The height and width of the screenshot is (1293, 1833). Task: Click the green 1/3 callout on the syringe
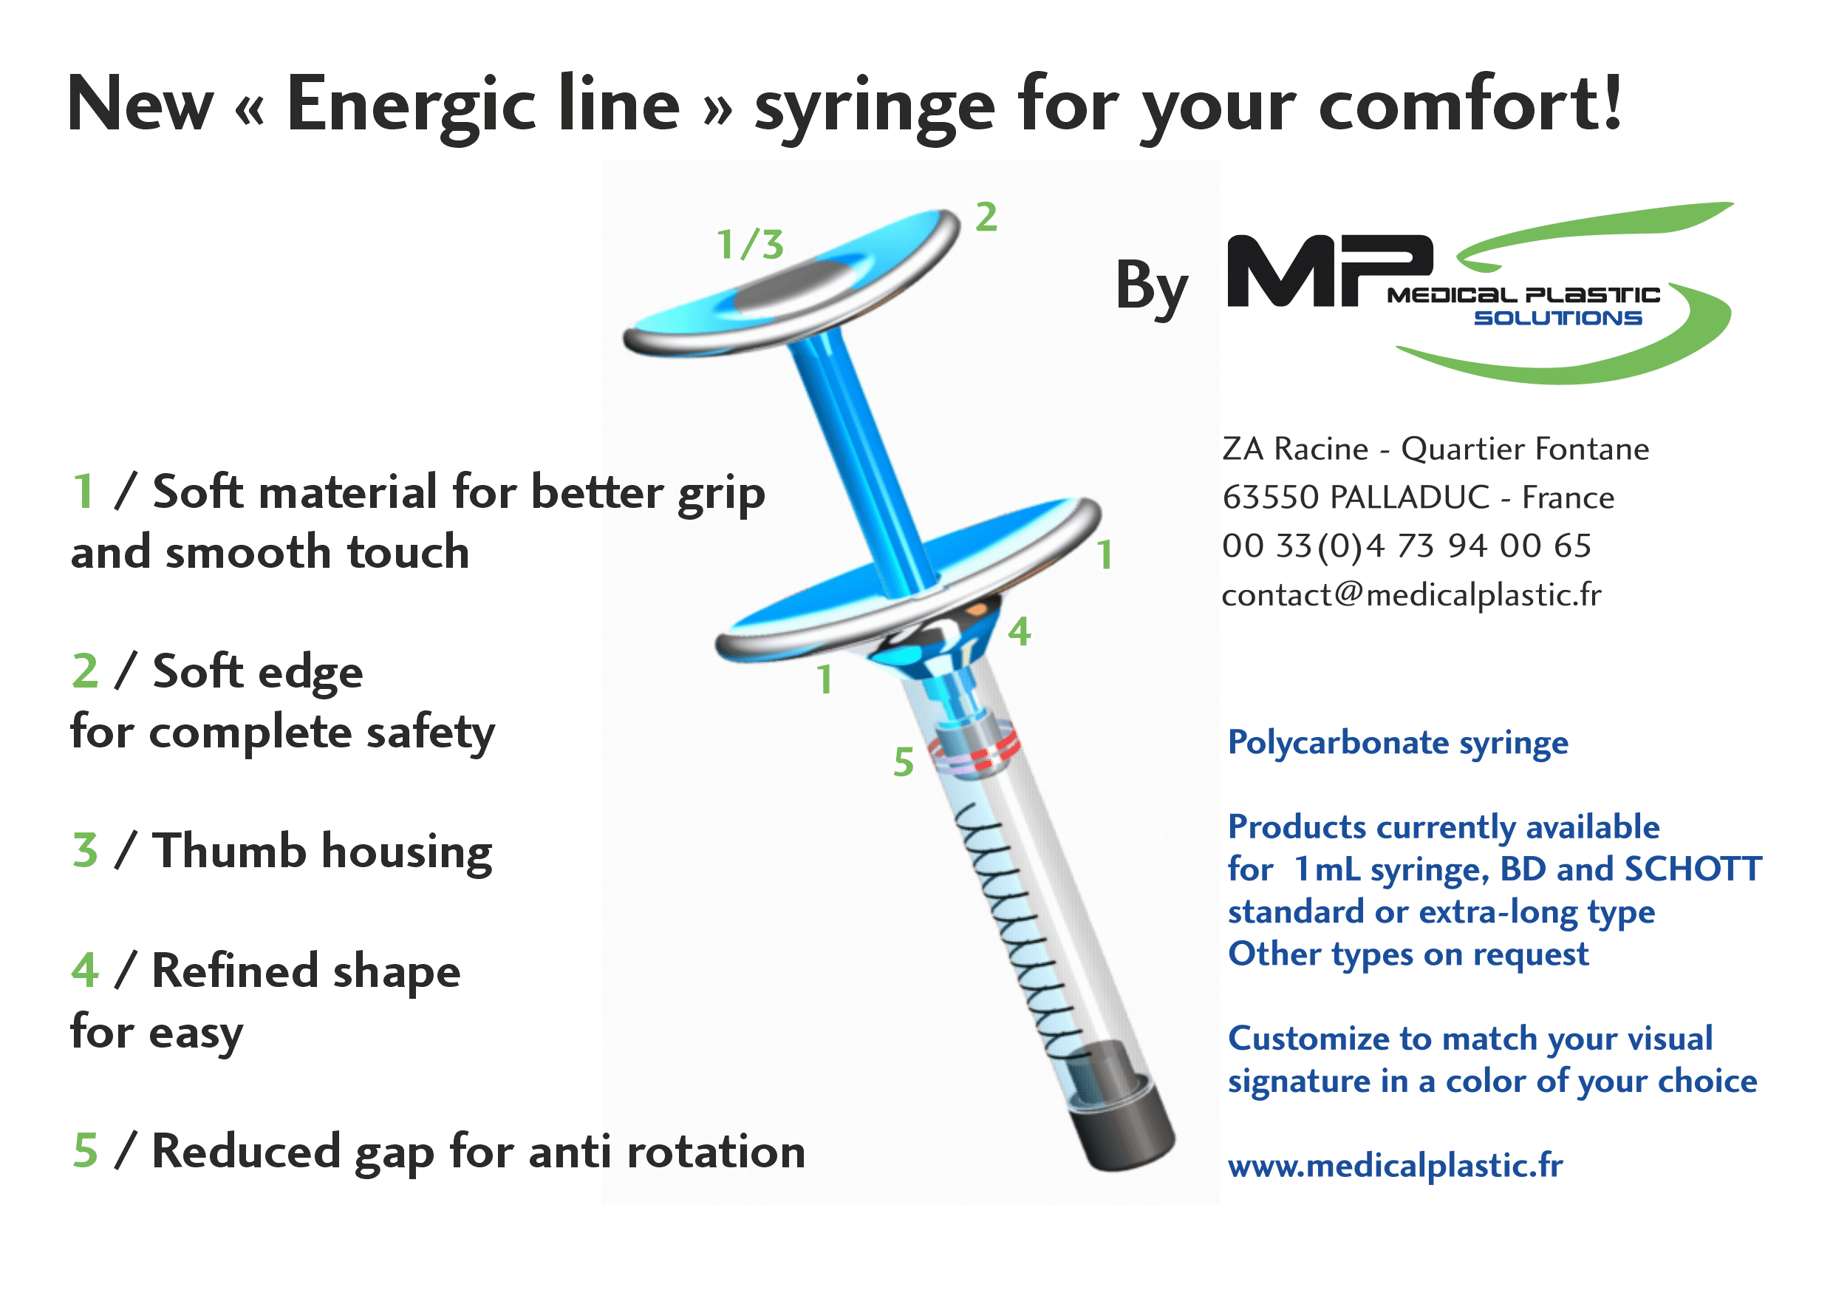tap(750, 245)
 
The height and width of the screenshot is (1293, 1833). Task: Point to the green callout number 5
tap(903, 762)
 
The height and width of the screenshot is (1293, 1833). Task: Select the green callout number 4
tap(1020, 632)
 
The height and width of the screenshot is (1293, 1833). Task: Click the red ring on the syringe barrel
tap(974, 750)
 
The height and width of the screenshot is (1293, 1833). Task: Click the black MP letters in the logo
tap(1329, 271)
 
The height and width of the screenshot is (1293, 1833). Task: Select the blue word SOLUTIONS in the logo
tap(1557, 318)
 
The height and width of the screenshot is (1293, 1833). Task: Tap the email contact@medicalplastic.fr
tap(1411, 595)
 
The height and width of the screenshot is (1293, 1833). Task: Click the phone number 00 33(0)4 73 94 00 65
tap(1407, 546)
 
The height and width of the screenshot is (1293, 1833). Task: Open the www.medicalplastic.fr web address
tap(1396, 1166)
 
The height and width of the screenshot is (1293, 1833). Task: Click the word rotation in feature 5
tap(716, 1153)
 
